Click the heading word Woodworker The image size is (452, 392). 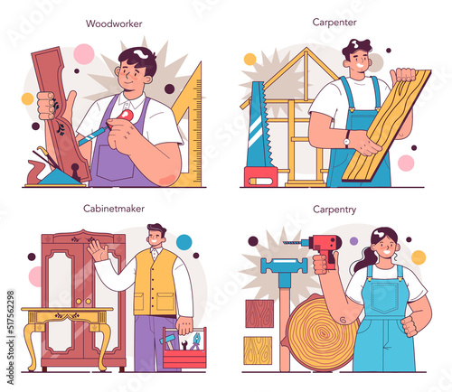[114, 23]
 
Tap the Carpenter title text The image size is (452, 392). [334, 22]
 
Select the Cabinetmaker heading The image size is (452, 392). [114, 209]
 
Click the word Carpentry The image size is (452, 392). [334, 210]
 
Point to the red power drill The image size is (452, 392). [323, 247]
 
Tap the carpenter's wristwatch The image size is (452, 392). [347, 140]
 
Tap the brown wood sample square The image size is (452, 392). [259, 313]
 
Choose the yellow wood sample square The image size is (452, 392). [258, 350]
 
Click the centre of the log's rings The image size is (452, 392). [324, 333]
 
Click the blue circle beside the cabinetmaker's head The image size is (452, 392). [184, 242]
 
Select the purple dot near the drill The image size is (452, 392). [353, 241]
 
